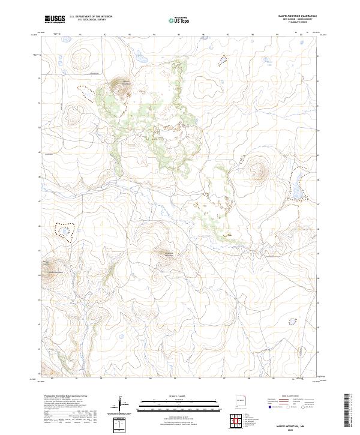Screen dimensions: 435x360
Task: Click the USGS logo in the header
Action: coord(55,19)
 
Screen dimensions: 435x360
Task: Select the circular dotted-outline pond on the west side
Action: coord(64,230)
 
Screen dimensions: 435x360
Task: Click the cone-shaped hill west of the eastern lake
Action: coord(259,170)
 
